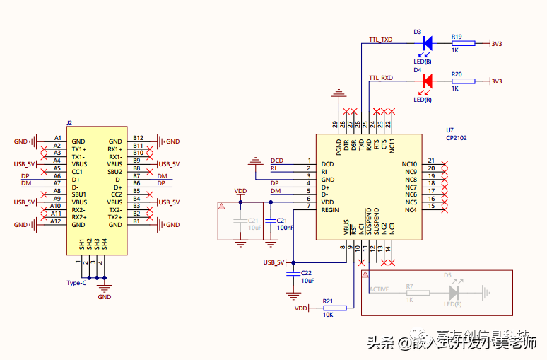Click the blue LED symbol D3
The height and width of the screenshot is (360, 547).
(426, 43)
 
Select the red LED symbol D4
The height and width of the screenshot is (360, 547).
(426, 81)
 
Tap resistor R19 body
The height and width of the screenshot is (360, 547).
(457, 44)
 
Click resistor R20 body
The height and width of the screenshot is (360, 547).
(457, 81)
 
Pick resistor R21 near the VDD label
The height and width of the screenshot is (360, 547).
(329, 308)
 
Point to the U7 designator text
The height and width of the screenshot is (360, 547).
(449, 130)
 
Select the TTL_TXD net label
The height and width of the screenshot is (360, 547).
(380, 40)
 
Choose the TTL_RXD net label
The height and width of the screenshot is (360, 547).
(380, 77)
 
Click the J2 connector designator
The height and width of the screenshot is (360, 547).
(69, 123)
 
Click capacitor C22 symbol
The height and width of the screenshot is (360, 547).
(293, 272)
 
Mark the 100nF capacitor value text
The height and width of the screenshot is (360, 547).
(286, 228)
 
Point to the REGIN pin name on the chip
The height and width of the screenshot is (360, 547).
(330, 209)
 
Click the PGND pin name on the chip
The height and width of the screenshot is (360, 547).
(339, 146)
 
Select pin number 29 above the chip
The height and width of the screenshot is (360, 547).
(336, 124)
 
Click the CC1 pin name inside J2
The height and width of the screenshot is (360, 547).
(78, 171)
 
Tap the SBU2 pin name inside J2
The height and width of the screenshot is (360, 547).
(115, 171)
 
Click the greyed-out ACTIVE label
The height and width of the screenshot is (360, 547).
(380, 289)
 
